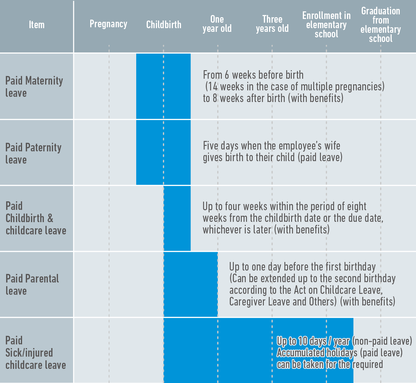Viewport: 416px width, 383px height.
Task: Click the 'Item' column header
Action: pos(37,25)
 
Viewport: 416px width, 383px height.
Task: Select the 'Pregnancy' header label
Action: pos(108,24)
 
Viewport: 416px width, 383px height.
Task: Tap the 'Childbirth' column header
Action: pos(164,25)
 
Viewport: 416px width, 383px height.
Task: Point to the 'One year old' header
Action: pos(217,24)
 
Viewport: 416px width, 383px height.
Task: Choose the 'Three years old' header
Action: pos(272,24)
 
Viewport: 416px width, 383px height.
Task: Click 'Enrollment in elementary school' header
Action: pos(326,25)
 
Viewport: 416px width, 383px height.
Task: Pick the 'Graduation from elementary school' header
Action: pos(381,25)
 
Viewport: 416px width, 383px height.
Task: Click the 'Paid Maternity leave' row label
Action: pos(34,87)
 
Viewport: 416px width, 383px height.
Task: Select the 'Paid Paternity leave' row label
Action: pos(33,154)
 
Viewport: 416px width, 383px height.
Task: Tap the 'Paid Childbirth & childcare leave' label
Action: pos(36,218)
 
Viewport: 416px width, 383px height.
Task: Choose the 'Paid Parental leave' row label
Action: pos(32,285)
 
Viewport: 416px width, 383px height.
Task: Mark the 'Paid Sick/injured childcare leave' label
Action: pos(36,352)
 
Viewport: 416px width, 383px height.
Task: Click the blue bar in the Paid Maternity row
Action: pos(164,86)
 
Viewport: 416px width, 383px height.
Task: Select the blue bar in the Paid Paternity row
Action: pos(164,152)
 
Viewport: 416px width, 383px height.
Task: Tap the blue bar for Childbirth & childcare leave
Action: pos(177,218)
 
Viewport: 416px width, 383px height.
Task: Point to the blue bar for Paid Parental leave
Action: pos(191,284)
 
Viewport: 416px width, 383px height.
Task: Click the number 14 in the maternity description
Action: pos(212,87)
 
